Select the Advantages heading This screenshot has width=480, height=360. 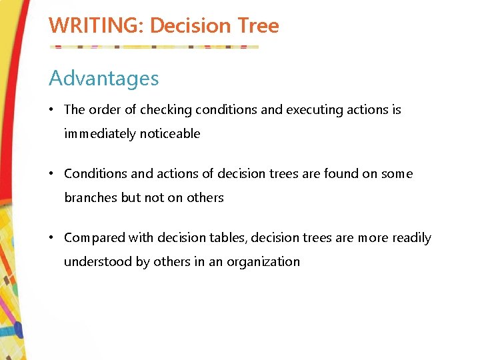tap(104, 79)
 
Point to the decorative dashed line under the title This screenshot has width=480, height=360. tap(153, 47)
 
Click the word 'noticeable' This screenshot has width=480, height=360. tap(170, 134)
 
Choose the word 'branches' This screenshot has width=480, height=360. tap(91, 198)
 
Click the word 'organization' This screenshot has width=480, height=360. tap(263, 262)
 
